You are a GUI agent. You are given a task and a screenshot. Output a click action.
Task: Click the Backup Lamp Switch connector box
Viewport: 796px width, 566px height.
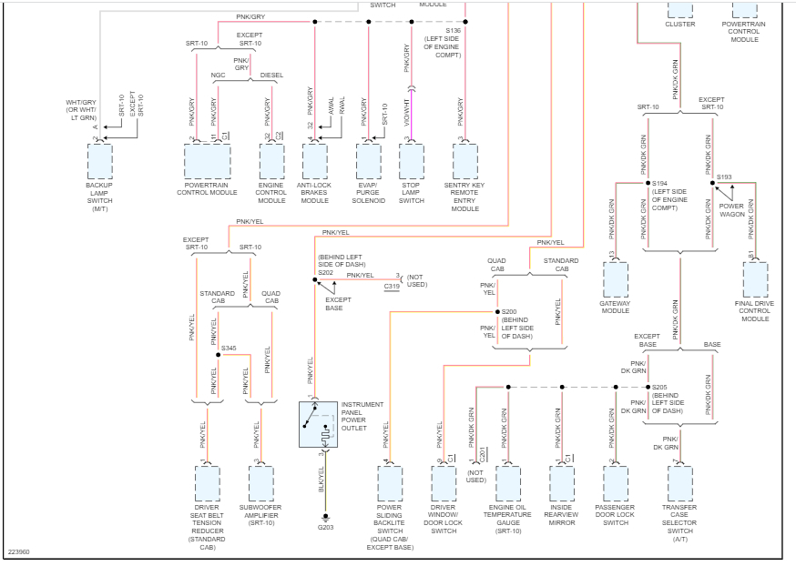tap(99, 161)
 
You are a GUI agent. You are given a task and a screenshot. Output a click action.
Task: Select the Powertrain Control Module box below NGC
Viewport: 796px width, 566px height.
tap(207, 161)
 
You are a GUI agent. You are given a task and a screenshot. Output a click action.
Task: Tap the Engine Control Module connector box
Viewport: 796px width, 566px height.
tap(272, 161)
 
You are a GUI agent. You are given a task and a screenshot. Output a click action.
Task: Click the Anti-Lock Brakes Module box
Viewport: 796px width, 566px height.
tap(314, 161)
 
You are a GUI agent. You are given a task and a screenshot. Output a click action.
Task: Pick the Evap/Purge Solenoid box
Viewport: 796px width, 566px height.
tap(368, 161)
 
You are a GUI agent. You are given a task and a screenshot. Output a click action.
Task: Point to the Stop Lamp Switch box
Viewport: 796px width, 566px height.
tap(412, 161)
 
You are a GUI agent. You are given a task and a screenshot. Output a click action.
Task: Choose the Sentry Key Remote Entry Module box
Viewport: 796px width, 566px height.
tap(464, 161)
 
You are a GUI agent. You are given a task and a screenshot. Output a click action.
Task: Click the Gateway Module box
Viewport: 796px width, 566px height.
tap(616, 279)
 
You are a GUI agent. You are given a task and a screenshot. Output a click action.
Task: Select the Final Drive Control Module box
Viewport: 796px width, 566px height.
tap(755, 279)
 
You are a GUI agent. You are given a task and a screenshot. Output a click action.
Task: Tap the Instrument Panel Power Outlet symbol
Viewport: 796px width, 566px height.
tap(318, 423)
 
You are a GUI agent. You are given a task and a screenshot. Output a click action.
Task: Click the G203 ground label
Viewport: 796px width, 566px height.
tap(325, 527)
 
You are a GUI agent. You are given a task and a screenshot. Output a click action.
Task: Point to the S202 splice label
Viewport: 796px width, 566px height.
tap(325, 272)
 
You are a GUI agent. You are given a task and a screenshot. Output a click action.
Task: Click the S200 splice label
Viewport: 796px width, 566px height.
tap(509, 312)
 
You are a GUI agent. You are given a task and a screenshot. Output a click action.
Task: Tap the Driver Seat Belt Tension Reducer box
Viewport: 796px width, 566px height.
tap(207, 482)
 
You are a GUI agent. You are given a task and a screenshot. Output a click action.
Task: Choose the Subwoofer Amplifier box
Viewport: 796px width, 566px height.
tap(260, 482)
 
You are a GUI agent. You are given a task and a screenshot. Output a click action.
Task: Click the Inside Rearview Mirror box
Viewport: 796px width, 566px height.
tap(562, 482)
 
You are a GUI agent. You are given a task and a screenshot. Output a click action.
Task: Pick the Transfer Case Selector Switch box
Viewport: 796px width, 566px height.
tap(679, 482)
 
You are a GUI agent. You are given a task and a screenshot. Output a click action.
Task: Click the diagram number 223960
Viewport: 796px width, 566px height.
tap(19, 552)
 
